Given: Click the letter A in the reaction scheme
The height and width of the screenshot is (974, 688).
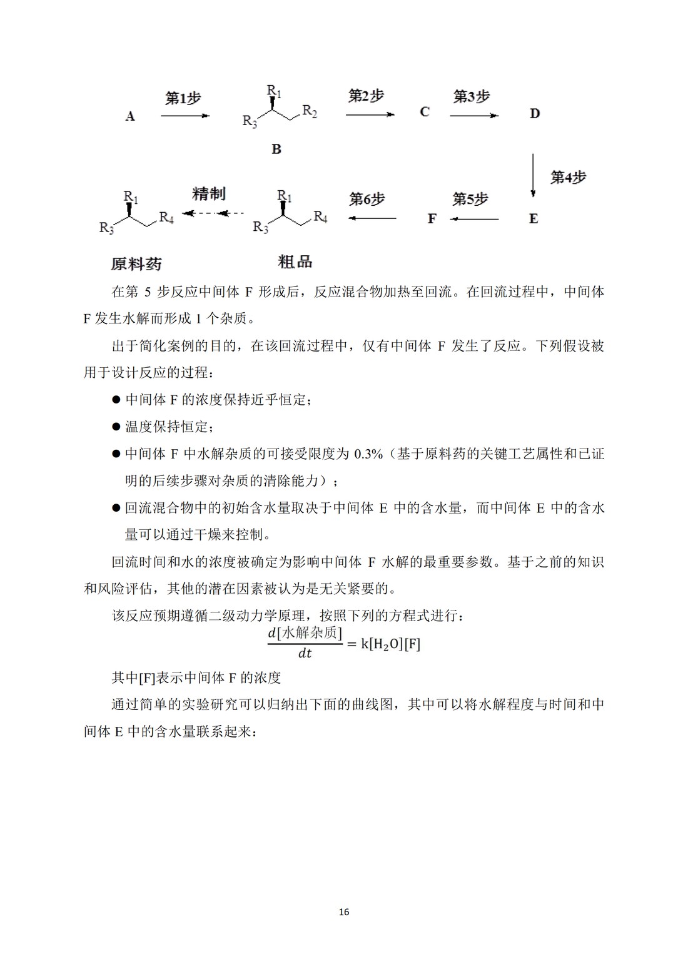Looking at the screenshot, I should [x=130, y=116].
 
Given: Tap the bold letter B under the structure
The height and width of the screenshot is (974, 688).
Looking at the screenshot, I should [x=276, y=149].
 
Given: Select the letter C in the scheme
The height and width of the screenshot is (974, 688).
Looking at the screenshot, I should [x=425, y=112].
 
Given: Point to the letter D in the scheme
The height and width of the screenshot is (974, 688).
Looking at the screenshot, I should [x=535, y=113].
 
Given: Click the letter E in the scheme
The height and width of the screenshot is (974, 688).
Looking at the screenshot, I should [x=534, y=218].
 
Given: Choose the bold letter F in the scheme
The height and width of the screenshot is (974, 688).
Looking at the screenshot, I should [x=432, y=218].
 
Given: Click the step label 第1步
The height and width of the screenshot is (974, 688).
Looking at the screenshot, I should [x=183, y=98].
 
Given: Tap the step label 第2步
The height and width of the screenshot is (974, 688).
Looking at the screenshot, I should [x=366, y=96].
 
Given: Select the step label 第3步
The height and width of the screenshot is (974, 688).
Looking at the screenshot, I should [x=472, y=96].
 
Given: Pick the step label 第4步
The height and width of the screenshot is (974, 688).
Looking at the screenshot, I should [x=568, y=177].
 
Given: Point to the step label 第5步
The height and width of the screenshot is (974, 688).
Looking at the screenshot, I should [x=470, y=199].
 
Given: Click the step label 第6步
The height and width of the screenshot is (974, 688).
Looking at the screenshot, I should [x=367, y=199].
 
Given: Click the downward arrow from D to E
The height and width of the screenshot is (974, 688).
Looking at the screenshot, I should [x=533, y=175].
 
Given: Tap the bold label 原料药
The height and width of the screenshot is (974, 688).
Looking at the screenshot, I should [x=136, y=264].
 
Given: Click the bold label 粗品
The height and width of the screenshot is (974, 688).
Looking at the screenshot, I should [x=295, y=261].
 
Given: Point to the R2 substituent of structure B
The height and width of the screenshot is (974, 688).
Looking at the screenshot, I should [x=310, y=111].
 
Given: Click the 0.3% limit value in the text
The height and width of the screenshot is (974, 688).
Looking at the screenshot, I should [x=368, y=454].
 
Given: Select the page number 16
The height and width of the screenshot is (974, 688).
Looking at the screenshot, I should [x=344, y=912].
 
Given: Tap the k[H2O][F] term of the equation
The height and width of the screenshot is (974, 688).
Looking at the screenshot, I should [x=391, y=644].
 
